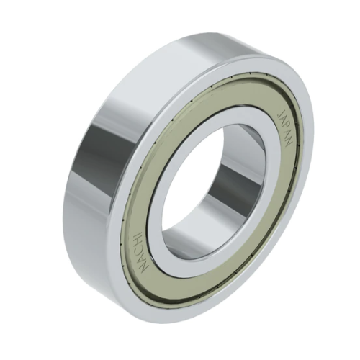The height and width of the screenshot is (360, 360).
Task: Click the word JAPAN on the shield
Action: [284, 128]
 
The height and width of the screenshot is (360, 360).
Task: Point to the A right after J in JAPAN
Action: [282, 121]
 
